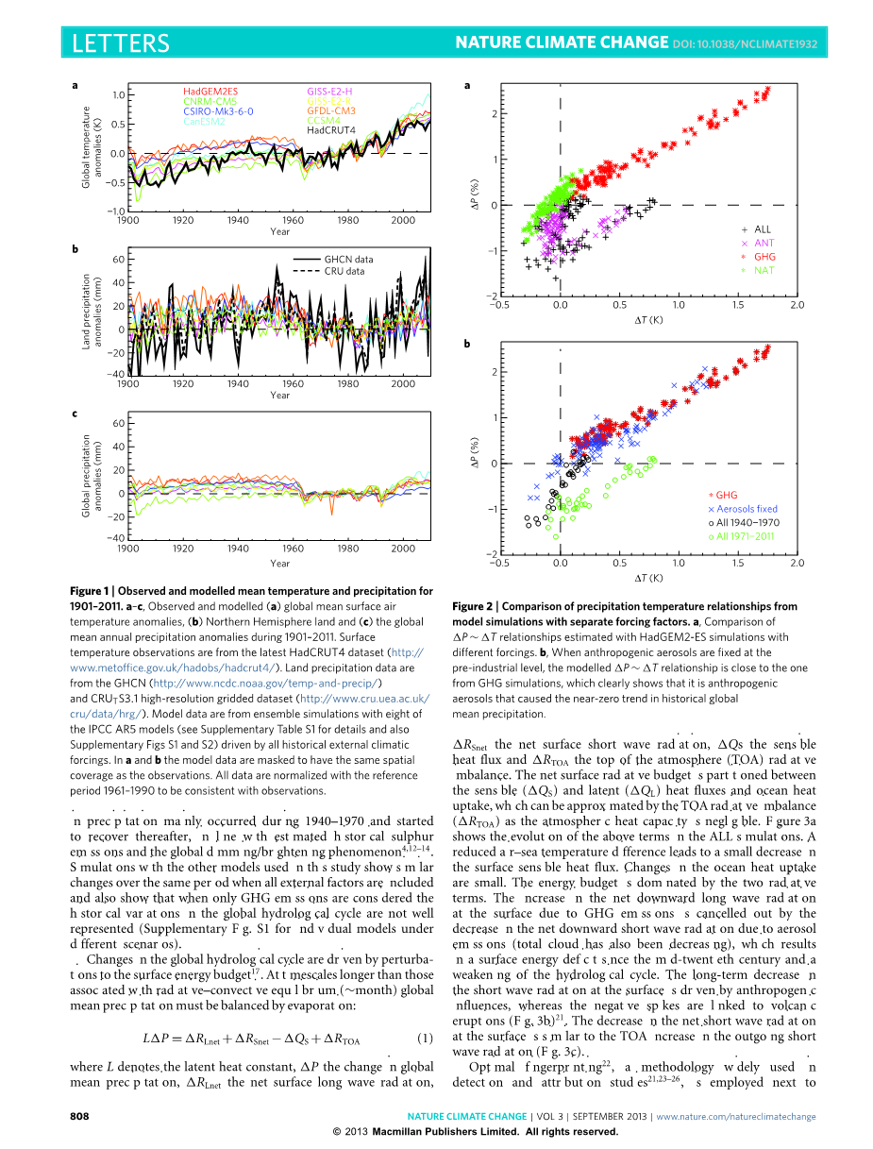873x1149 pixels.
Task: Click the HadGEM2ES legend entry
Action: (210, 92)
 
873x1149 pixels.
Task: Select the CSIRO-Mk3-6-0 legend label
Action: (218, 111)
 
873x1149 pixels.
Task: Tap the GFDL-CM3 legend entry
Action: (331, 111)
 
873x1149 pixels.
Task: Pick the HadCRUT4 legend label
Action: (331, 130)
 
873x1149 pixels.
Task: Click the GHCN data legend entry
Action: (348, 259)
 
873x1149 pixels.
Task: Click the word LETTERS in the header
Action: (121, 43)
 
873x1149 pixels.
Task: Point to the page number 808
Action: (80, 1116)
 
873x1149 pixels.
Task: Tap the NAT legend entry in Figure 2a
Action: (764, 270)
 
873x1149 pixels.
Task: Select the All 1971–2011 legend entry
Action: (745, 536)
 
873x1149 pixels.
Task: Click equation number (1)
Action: (425, 696)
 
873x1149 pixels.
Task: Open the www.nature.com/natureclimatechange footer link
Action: (736, 1116)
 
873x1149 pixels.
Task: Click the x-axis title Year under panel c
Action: (280, 563)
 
